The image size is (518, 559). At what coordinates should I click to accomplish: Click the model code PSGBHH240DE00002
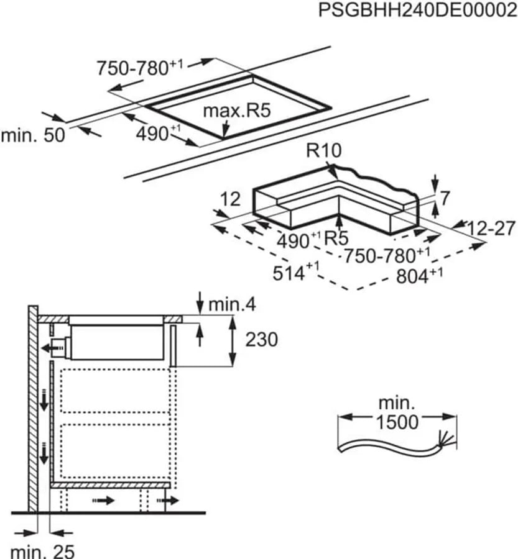[x=417, y=10]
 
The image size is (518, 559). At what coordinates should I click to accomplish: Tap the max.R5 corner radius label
[x=237, y=111]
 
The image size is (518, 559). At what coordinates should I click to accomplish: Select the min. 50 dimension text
[x=33, y=135]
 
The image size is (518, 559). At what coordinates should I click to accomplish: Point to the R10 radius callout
[x=324, y=150]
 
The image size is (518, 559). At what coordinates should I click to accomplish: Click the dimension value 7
[x=445, y=198]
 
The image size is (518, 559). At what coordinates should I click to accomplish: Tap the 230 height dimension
[x=261, y=339]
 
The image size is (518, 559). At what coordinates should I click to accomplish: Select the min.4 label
[x=232, y=304]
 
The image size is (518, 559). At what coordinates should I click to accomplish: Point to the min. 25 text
[x=42, y=552]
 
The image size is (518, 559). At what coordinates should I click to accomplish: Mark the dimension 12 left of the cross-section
[x=230, y=199]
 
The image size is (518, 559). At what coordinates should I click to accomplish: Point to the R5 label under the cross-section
[x=336, y=239]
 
